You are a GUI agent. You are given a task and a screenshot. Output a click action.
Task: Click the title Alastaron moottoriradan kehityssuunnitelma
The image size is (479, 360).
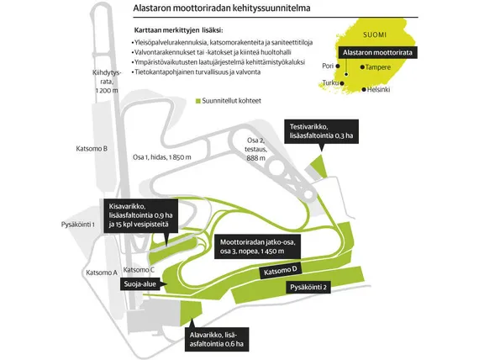coord(222,8)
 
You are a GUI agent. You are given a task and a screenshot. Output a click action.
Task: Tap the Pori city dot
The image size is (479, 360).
coord(338,66)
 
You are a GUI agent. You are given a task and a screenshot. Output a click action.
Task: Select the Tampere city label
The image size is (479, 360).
coord(378,67)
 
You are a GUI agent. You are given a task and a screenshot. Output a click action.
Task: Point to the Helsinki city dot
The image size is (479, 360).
coord(364,90)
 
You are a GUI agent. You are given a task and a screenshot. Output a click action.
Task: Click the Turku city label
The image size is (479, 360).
coord(330,82)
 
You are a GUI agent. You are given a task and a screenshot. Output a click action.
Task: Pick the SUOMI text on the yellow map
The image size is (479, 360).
coord(375,34)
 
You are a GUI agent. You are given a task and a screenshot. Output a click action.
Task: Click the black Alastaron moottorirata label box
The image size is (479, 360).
coord(377,53)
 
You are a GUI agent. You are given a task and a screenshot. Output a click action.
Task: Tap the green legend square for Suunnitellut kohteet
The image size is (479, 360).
coord(198,101)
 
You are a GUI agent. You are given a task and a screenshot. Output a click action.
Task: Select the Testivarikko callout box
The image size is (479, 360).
coord(322,131)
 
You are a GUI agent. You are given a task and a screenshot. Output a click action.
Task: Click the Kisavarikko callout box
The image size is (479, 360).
coord(141,216)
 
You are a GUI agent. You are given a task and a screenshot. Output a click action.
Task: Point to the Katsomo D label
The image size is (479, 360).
coord(281,271)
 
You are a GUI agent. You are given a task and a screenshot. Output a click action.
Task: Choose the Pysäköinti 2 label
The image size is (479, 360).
coord(308,288)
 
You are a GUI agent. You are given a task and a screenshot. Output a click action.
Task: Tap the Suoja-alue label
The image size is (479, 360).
coord(139,284)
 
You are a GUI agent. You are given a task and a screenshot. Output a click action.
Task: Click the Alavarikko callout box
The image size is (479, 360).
coord(217,339)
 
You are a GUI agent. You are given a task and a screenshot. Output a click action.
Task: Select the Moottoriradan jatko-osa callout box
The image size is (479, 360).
coord(257,246)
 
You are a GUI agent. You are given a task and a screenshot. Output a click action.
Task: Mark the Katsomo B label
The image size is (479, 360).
coord(92,149)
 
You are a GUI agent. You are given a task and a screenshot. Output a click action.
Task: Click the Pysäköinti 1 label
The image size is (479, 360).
coord(77,225)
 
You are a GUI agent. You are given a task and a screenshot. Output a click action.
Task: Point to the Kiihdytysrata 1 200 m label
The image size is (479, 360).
coord(107,82)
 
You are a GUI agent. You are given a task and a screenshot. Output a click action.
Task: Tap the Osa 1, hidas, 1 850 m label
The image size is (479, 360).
coord(162,157)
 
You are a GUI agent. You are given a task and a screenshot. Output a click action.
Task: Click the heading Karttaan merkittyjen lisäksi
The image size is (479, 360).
coord(179,30)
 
